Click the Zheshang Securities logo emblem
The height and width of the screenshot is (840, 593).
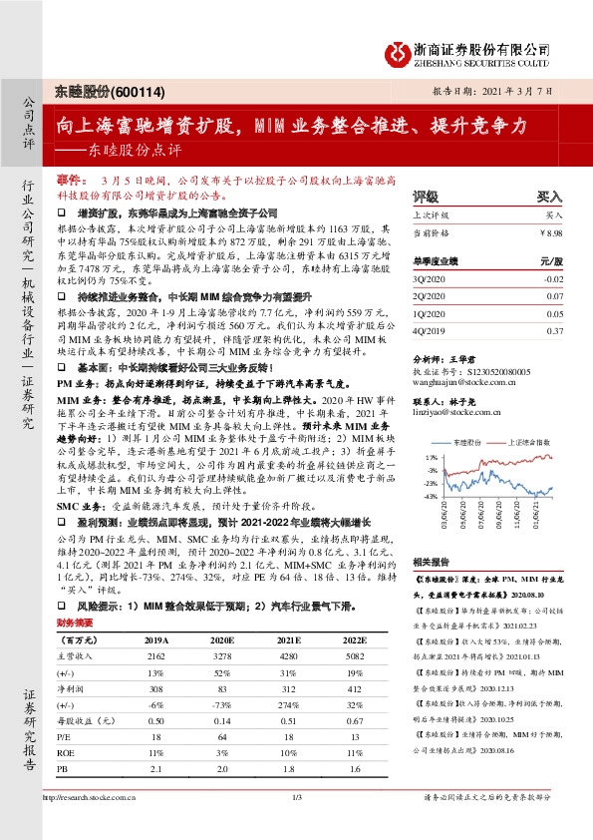point(400,50)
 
